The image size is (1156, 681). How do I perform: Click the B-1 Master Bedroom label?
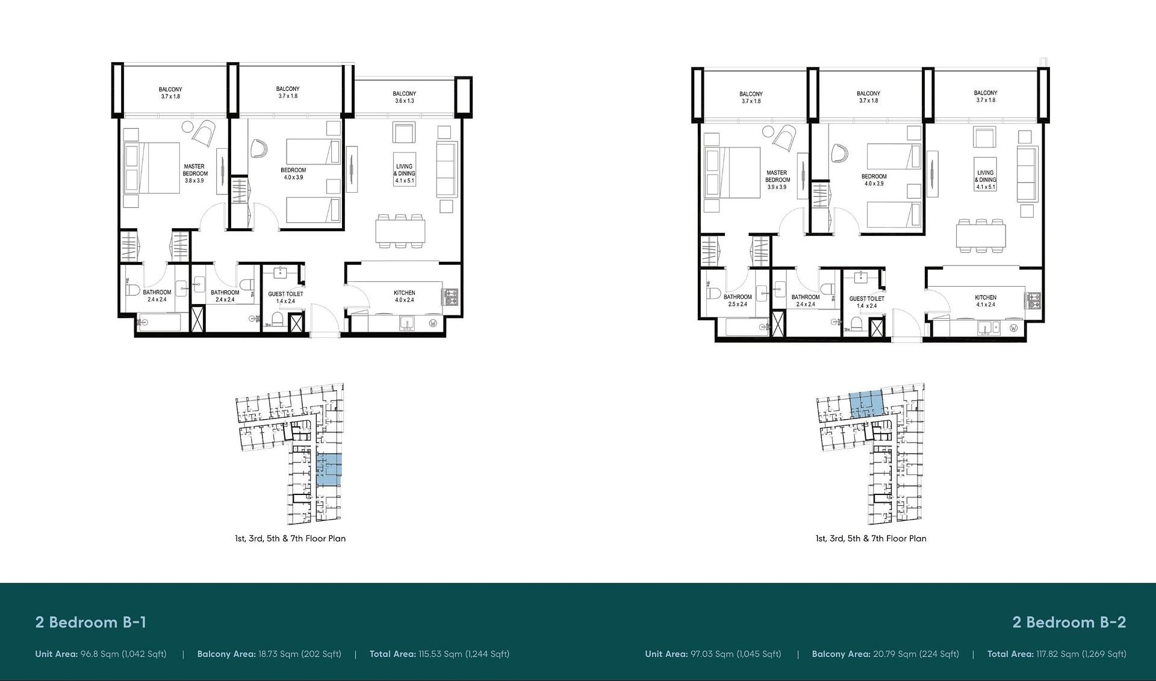pyautogui.click(x=194, y=173)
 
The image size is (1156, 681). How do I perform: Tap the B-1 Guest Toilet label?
pyautogui.click(x=285, y=297)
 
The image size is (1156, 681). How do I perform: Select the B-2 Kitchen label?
pyautogui.click(x=986, y=300)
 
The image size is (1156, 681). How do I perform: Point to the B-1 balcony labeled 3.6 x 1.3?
pyautogui.click(x=404, y=97)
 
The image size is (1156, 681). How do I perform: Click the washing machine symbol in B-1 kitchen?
pyautogui.click(x=433, y=323)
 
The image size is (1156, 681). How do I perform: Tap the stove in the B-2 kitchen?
pyautogui.click(x=1034, y=300)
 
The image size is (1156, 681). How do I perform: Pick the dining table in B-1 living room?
pyautogui.click(x=400, y=231)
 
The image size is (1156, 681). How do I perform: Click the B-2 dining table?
pyautogui.click(x=981, y=235)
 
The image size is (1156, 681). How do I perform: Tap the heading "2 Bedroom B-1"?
pyautogui.click(x=91, y=622)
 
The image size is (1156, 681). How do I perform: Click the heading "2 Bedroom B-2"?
pyautogui.click(x=1069, y=622)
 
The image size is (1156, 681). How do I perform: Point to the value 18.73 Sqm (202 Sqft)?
pyautogui.click(x=299, y=654)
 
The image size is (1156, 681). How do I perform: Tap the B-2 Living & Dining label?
pyautogui.click(x=986, y=179)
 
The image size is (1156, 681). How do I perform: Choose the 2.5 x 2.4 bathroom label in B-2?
pyautogui.click(x=738, y=300)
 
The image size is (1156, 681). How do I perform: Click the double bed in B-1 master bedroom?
pyautogui.click(x=152, y=168)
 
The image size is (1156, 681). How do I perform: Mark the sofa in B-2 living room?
pyautogui.click(x=1027, y=173)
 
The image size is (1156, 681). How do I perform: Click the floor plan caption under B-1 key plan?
pyautogui.click(x=290, y=538)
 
